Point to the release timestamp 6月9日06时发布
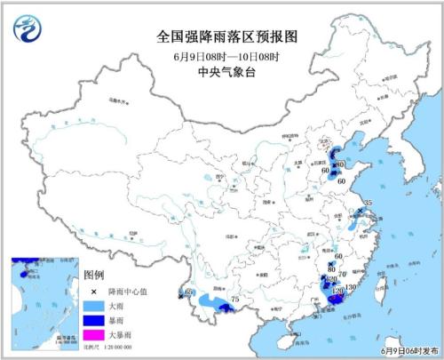click(x=408, y=352)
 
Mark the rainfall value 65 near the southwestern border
click(x=187, y=292)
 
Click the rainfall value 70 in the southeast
click(x=342, y=274)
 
